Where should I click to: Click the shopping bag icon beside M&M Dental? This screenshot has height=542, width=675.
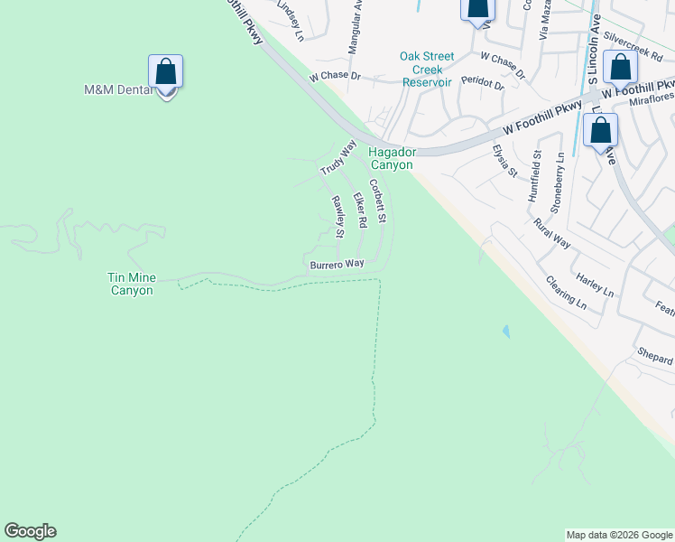pos(166,70)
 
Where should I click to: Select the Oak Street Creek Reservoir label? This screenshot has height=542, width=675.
pos(426,69)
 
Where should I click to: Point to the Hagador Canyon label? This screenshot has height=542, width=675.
pos(391,159)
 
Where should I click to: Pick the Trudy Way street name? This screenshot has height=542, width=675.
pos(338,158)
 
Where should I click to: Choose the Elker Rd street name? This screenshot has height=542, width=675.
pos(360,210)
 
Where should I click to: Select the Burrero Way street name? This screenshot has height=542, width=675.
pos(337,264)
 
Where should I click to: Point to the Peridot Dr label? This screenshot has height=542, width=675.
pos(482,82)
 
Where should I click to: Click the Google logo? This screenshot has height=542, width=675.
pos(30,531)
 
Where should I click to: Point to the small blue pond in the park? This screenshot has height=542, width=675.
pos(505,332)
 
